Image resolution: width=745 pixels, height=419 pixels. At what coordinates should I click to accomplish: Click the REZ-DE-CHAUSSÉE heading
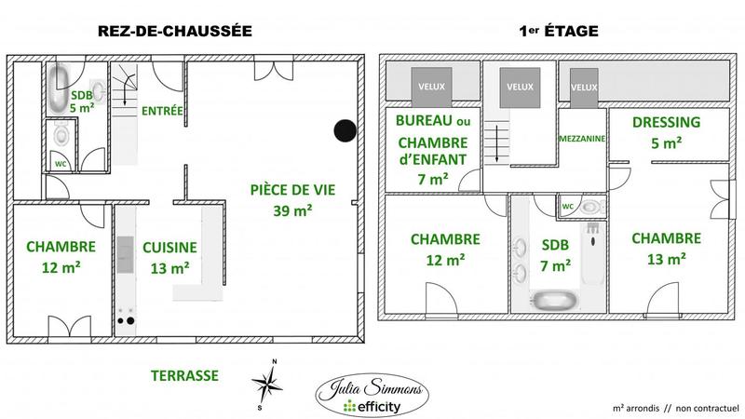(x=176, y=31)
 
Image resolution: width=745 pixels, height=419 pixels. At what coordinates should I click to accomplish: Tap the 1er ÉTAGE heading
(x=558, y=31)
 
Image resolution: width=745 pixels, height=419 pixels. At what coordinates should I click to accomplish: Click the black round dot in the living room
(x=346, y=132)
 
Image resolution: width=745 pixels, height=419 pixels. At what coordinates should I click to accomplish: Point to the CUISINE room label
(x=169, y=247)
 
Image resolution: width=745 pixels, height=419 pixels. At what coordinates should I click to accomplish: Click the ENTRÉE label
(x=162, y=111)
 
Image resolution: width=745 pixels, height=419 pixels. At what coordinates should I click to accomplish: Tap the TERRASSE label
(x=183, y=375)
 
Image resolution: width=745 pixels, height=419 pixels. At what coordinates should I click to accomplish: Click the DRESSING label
(x=666, y=123)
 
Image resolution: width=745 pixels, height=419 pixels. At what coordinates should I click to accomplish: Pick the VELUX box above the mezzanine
(x=584, y=87)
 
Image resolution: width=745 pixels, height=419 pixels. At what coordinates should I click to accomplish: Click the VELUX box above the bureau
(x=430, y=87)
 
